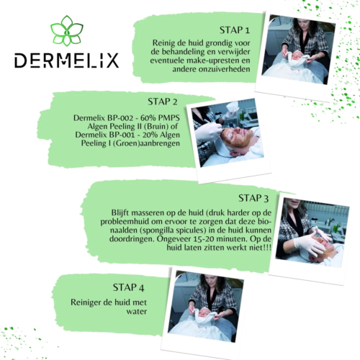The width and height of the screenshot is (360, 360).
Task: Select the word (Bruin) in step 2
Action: pyautogui.click(x=158, y=125)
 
